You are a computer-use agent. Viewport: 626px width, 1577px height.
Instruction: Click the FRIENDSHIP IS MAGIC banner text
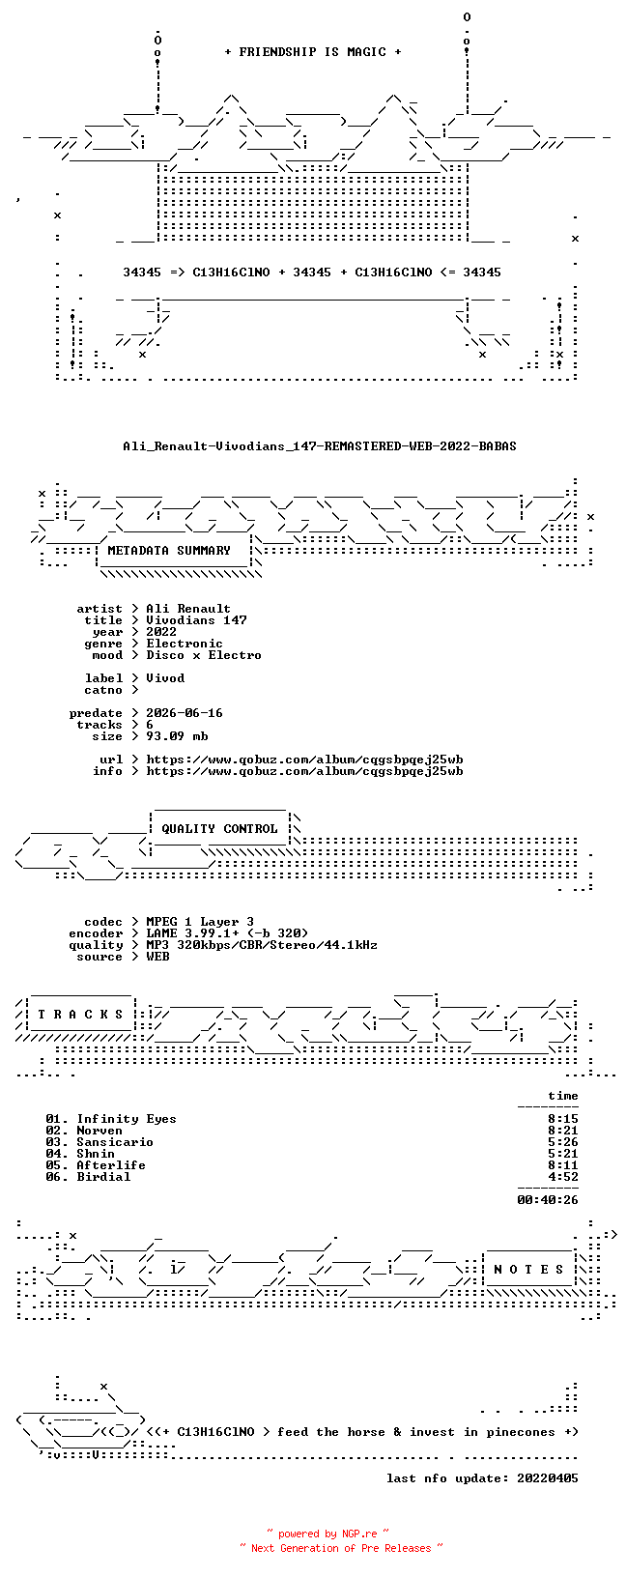point(313,52)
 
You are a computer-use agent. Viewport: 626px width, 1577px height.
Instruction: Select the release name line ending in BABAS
point(320,446)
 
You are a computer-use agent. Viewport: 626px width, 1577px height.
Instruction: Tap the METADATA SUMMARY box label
point(169,551)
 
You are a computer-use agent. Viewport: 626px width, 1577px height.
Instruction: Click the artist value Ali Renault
point(188,609)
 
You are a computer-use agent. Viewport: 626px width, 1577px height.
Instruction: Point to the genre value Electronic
point(185,644)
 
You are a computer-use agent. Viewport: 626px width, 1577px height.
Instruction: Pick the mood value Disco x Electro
point(204,655)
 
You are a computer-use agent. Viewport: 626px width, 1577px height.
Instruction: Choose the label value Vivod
point(165,678)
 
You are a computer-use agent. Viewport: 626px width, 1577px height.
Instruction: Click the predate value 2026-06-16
point(185,713)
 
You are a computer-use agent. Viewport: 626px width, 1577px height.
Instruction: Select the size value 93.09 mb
point(177,736)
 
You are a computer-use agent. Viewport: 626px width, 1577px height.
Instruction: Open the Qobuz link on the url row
point(305,760)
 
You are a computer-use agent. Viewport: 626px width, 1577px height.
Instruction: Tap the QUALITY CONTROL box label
point(219,829)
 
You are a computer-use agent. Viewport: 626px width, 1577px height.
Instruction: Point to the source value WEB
point(157,957)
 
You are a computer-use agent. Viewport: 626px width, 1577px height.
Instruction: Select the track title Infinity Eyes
point(127,1119)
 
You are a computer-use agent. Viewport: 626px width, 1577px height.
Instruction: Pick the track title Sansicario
point(115,1142)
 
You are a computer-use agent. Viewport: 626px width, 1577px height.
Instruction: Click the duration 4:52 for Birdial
point(563,1177)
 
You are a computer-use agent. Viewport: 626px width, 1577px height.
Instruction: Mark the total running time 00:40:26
point(548,1200)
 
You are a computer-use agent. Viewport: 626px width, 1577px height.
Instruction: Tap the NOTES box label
point(528,1270)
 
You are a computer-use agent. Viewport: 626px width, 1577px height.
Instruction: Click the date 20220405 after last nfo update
point(548,1478)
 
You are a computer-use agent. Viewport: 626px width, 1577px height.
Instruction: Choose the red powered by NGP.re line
point(328,1534)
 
